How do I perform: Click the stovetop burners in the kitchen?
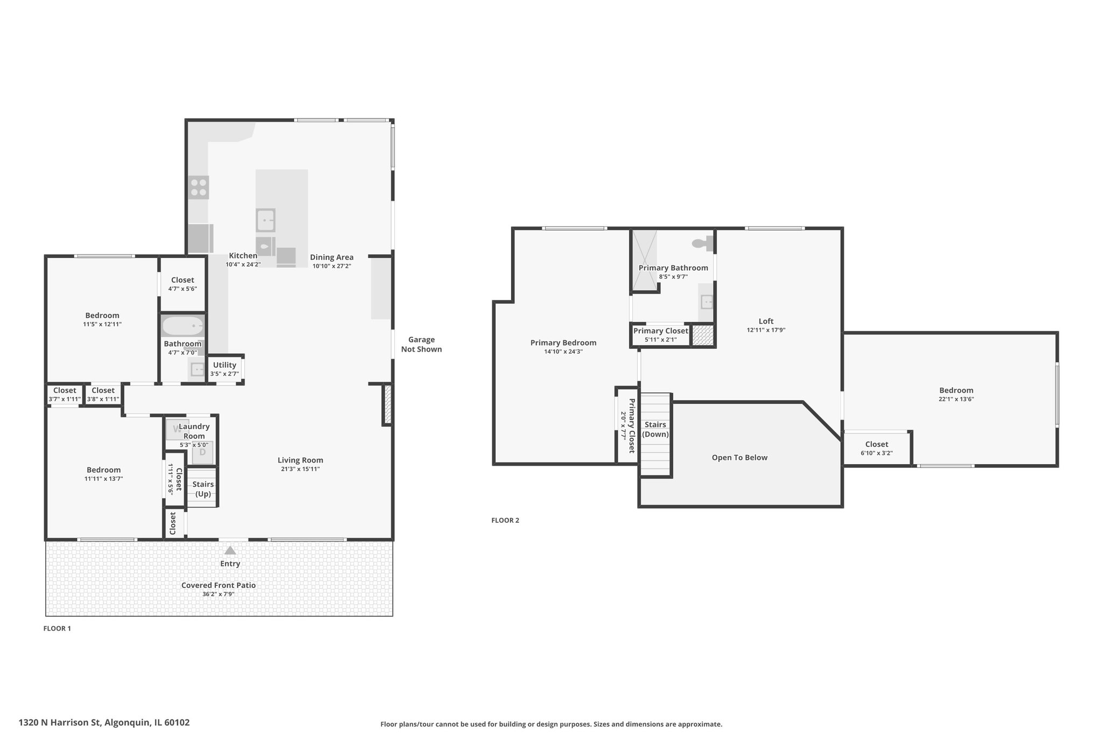[x=199, y=187]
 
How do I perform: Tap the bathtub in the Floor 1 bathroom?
[x=183, y=326]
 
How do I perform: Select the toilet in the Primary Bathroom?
[x=702, y=243]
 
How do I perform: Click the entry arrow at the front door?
[x=230, y=550]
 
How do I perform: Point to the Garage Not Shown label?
[x=421, y=345]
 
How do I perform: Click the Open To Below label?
[x=739, y=458]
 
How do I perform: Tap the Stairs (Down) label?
[x=655, y=430]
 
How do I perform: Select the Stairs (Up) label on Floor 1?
[x=203, y=489]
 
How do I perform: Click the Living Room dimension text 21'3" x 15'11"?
[x=301, y=469]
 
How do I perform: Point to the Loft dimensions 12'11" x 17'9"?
[x=766, y=330]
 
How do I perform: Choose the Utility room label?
[x=225, y=365]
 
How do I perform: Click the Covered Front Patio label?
[x=219, y=585]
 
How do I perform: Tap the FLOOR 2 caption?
[x=505, y=520]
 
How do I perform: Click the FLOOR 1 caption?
[x=57, y=628]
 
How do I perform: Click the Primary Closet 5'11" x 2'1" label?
[x=661, y=335]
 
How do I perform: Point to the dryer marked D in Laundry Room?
[x=203, y=452]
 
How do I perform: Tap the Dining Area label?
[x=332, y=257]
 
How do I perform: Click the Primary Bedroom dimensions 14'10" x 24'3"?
[x=563, y=352]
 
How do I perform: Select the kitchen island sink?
[x=266, y=220]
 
